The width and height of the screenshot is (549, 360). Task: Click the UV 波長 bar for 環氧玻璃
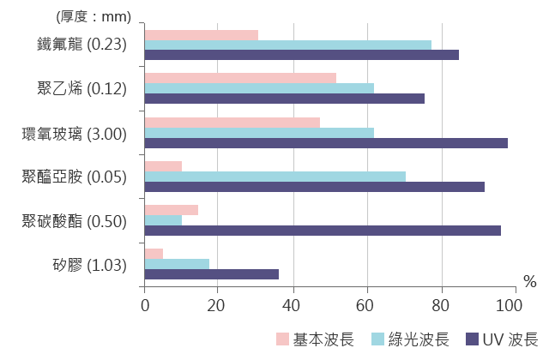[326, 143]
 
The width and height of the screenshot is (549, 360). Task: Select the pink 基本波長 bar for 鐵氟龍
[202, 35]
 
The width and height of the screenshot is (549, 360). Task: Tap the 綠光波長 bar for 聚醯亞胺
[275, 177]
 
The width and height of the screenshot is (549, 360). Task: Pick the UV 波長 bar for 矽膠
[212, 274]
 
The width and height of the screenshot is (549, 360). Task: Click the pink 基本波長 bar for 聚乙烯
[240, 78]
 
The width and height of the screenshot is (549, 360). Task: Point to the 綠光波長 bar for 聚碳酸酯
[163, 220]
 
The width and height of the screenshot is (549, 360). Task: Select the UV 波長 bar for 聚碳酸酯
[323, 231]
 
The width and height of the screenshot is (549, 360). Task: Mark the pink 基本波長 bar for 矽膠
[154, 254]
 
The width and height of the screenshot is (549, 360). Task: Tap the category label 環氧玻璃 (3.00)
[75, 134]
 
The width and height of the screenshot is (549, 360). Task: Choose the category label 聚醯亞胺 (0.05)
[75, 177]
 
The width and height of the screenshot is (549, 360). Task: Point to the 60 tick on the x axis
[366, 304]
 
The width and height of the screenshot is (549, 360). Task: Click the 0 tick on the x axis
[145, 304]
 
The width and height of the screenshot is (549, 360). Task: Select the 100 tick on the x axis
[515, 304]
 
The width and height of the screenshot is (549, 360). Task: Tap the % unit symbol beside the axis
[528, 282]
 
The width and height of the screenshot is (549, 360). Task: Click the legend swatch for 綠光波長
[377, 339]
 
